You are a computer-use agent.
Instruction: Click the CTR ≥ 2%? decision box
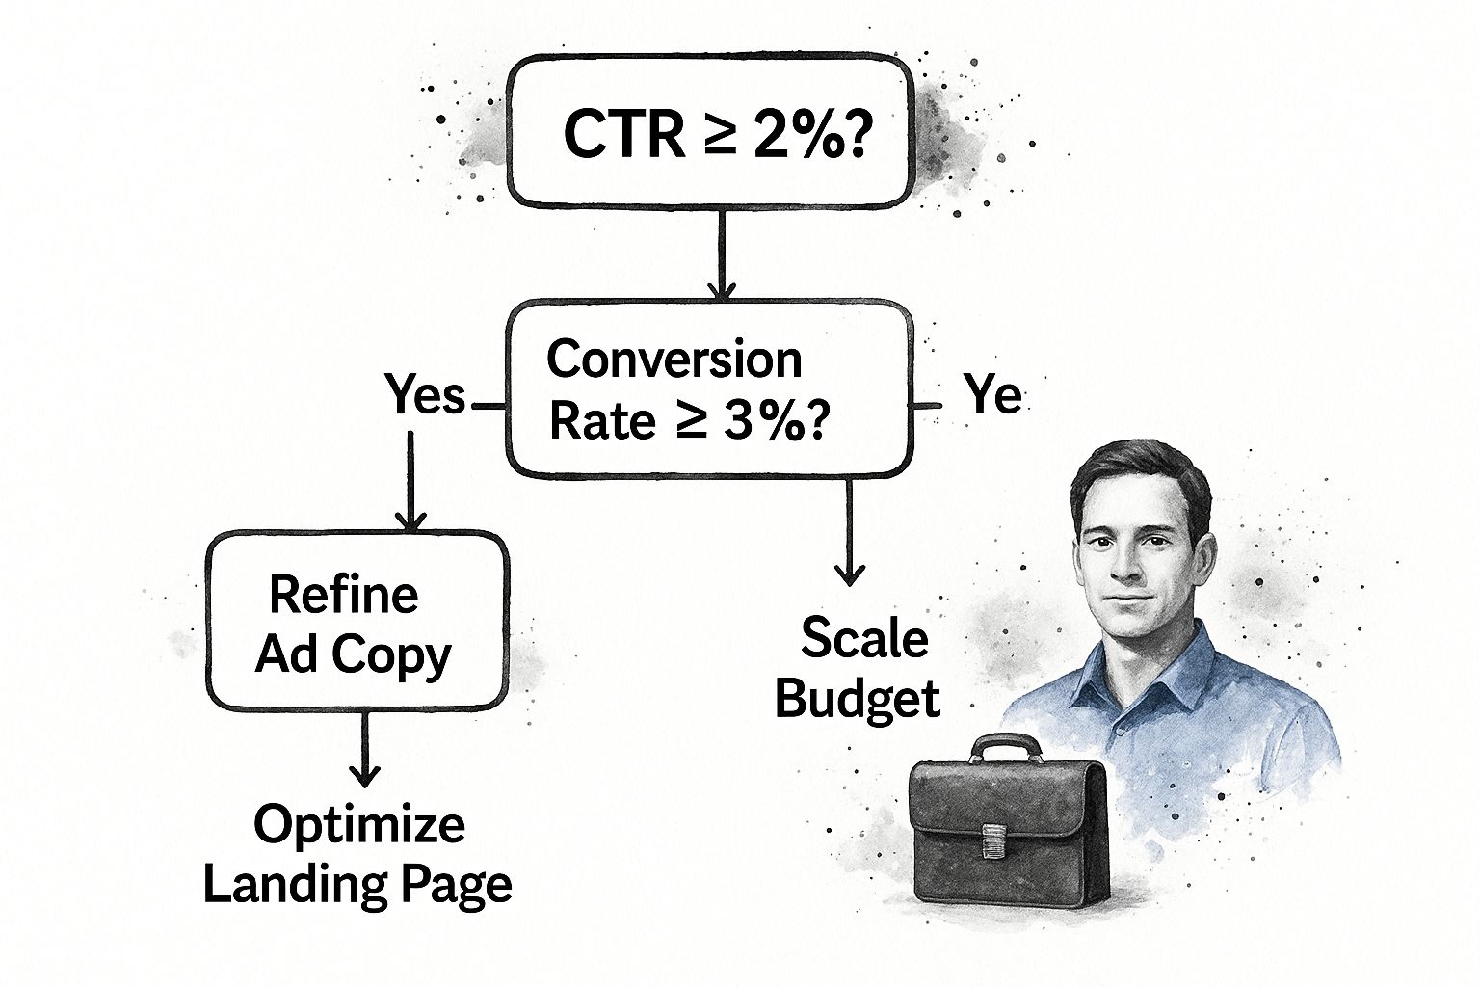pyautogui.click(x=710, y=131)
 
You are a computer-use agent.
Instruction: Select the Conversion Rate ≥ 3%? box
pyautogui.click(x=710, y=388)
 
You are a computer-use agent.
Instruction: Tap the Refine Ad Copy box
pyautogui.click(x=356, y=622)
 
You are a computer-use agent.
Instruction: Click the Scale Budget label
pyautogui.click(x=857, y=668)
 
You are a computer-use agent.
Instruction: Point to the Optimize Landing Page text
pyautogui.click(x=357, y=853)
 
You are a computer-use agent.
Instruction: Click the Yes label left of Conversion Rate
pyautogui.click(x=425, y=395)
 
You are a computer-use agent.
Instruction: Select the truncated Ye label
pyautogui.click(x=992, y=395)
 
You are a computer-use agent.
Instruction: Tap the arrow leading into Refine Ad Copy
pyautogui.click(x=411, y=482)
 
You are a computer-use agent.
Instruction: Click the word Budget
pyautogui.click(x=857, y=698)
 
